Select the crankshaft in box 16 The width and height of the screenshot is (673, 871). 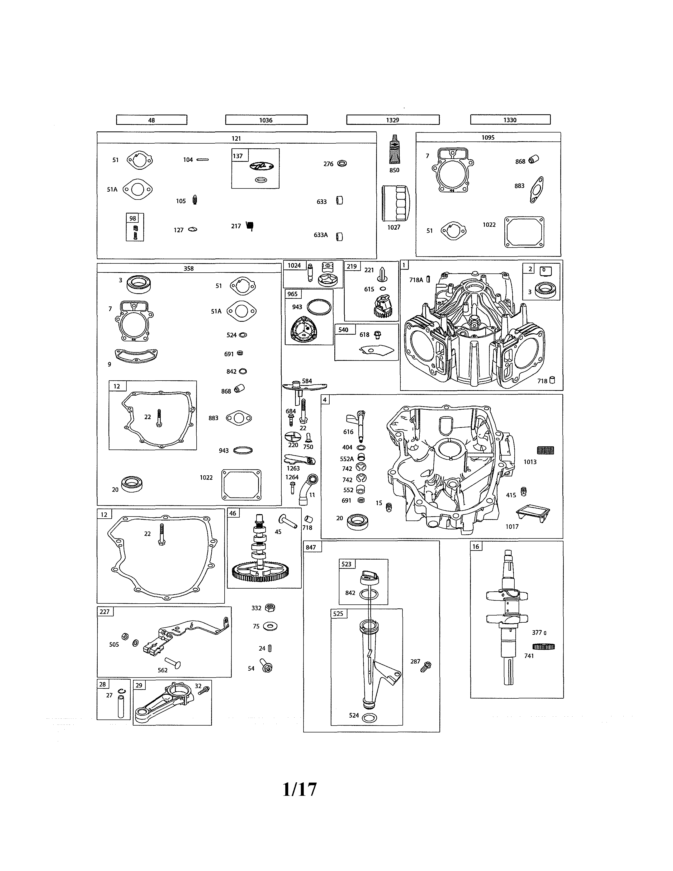(507, 614)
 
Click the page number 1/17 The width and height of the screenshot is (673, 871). (300, 789)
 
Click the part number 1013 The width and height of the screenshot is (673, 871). (530, 462)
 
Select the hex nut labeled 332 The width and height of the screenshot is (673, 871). (270, 608)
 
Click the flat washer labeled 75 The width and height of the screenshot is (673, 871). (271, 627)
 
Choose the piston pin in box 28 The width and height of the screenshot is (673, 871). (121, 706)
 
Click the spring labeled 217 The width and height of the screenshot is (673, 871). (250, 226)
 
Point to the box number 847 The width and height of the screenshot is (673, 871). (311, 547)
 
